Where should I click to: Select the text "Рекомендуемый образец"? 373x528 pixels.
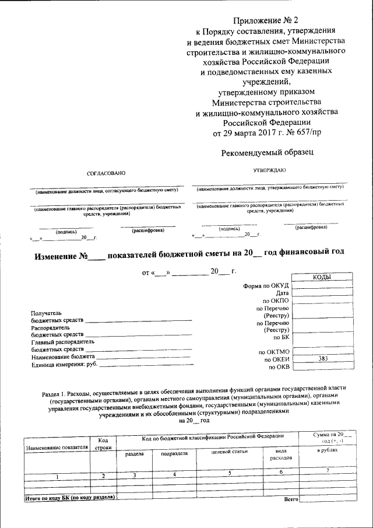tap(268, 152)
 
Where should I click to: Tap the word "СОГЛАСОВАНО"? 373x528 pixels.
tap(106, 173)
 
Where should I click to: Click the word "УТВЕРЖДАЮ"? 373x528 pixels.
tap(269, 170)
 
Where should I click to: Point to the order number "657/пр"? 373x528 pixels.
tap(307, 132)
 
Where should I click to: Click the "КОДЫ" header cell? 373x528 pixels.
tap(322, 278)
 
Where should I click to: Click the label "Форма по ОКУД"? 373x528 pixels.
tap(266, 285)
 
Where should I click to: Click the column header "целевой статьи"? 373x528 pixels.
tap(230, 451)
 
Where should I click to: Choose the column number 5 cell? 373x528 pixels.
tap(230, 474)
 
